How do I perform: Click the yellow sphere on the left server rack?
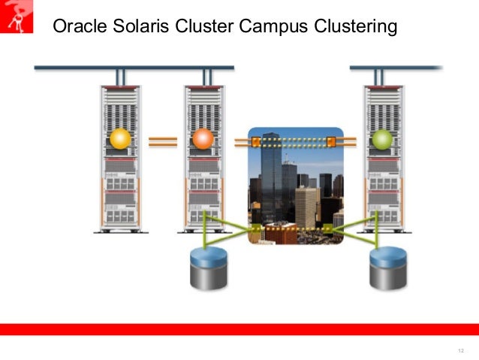120,139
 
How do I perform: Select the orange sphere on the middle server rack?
203,139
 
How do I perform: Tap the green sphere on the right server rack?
382,139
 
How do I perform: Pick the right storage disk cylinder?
388,268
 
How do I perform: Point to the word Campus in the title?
273,28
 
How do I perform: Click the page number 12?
460,351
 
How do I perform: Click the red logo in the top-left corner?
17,17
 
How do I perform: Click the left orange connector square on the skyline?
256,141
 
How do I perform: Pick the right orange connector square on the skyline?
330,141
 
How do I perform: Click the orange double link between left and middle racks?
162,141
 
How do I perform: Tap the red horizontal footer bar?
239,329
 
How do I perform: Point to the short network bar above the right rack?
396,68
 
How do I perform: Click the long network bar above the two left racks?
134,68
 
